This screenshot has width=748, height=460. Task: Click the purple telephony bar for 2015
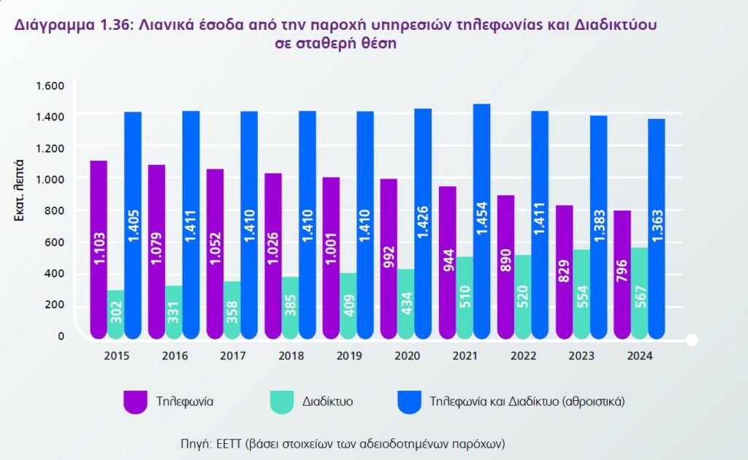(99, 248)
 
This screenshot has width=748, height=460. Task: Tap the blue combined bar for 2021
(481, 219)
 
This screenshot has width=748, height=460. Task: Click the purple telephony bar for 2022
(505, 267)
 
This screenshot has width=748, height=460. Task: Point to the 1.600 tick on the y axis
(50, 85)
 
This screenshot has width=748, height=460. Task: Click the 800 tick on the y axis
(56, 211)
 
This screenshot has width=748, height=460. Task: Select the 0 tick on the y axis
(61, 337)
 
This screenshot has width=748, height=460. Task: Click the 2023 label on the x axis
(581, 356)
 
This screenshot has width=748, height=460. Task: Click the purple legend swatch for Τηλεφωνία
(135, 402)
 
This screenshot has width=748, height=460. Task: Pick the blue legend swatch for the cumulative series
(409, 402)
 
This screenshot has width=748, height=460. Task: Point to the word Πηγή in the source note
(195, 443)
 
